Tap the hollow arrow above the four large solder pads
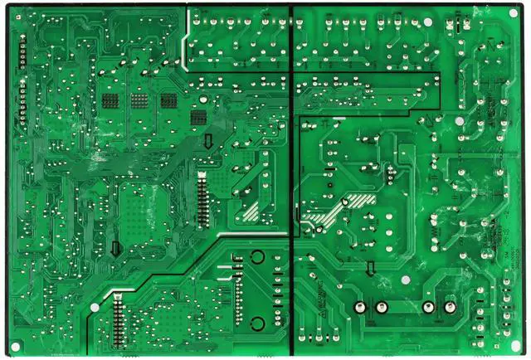pyautogui.click(x=371, y=268)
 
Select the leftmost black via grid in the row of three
pyautogui.click(x=110, y=101)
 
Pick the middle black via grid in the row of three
pyautogui.click(x=139, y=101)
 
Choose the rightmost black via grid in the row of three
pyautogui.click(x=168, y=101)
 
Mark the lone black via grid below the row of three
pyautogui.click(x=198, y=118)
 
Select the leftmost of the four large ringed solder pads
pyautogui.click(x=360, y=308)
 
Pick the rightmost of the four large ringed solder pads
pyautogui.click(x=451, y=308)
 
